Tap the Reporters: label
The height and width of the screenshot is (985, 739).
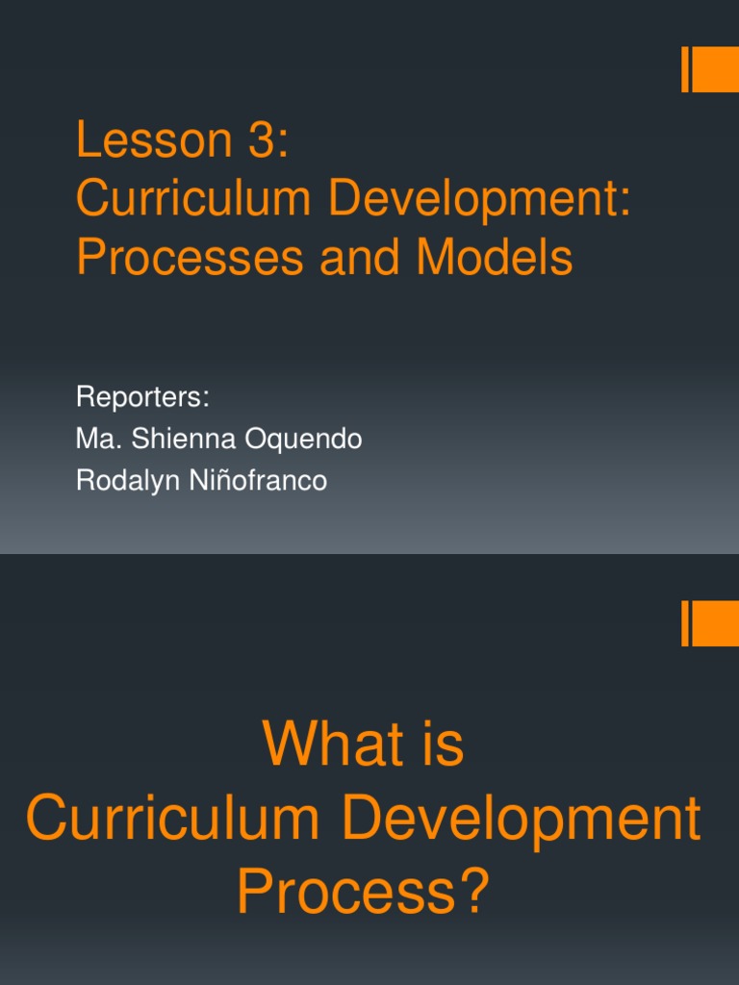(x=142, y=398)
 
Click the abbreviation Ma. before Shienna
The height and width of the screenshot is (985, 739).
(x=94, y=440)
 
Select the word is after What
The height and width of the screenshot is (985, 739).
(x=436, y=745)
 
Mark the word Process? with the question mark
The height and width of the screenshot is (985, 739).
(x=363, y=892)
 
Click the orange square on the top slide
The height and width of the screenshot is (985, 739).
(x=715, y=70)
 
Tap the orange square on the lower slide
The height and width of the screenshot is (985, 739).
(x=715, y=623)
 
